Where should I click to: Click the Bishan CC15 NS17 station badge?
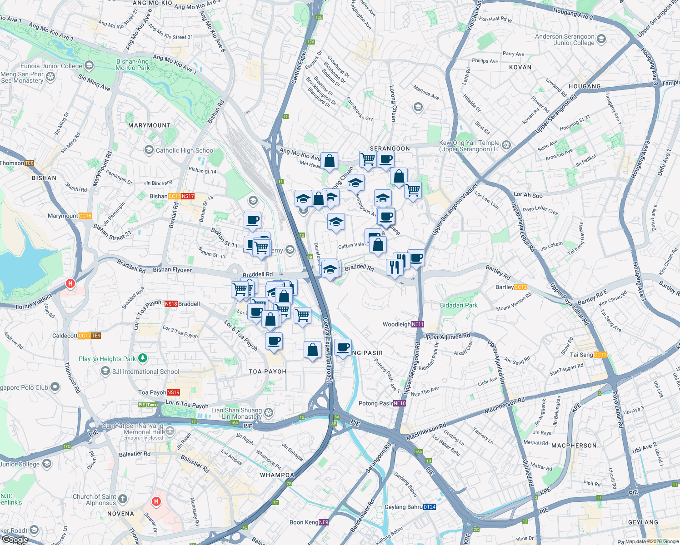point(181,196)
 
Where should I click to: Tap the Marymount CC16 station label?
point(70,216)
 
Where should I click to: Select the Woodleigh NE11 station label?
point(403,324)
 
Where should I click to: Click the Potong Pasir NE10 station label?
point(382,403)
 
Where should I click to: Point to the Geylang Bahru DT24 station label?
point(410,507)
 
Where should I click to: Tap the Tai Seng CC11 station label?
point(588,355)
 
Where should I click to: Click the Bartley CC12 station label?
point(511,287)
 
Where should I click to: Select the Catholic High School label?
point(185,150)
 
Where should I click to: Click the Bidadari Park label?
point(459,305)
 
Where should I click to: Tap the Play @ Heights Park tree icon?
point(143,358)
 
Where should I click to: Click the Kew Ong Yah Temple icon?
point(506,145)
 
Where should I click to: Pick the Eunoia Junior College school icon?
point(89,66)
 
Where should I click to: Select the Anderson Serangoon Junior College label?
point(565,40)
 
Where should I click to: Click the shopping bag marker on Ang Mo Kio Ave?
point(329,161)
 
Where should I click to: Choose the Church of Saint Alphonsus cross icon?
point(123,500)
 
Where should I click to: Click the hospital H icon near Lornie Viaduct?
point(70,284)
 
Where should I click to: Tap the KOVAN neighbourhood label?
point(520,67)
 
